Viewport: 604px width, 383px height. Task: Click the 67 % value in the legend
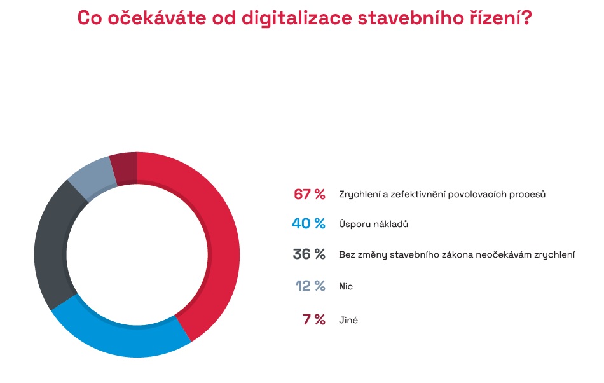[x=309, y=194]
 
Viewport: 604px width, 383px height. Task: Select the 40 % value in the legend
[x=309, y=224]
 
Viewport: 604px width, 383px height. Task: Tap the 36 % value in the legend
[x=309, y=254]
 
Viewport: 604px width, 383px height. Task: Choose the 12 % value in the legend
[x=310, y=286]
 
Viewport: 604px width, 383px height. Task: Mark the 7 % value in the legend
[x=314, y=319]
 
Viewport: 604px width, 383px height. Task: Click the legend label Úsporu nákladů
[x=371, y=225]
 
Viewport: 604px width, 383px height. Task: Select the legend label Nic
[x=346, y=286]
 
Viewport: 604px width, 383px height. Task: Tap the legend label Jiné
[x=348, y=320]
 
